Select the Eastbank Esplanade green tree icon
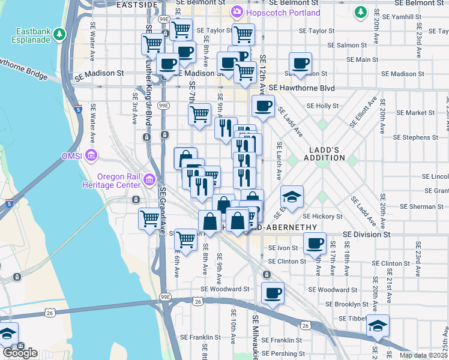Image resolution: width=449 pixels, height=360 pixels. (x=59, y=35)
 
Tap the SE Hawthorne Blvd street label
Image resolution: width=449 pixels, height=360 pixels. (x=301, y=88)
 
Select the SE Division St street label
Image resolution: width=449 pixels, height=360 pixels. (x=367, y=235)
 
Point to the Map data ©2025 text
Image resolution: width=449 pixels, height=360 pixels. (x=423, y=355)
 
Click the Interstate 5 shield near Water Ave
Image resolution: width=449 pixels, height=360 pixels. (x=79, y=109)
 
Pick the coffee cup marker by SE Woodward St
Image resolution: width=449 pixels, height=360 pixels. (x=273, y=293)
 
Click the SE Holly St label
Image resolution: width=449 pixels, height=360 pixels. (x=323, y=106)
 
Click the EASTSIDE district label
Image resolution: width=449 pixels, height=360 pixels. (x=136, y=4)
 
